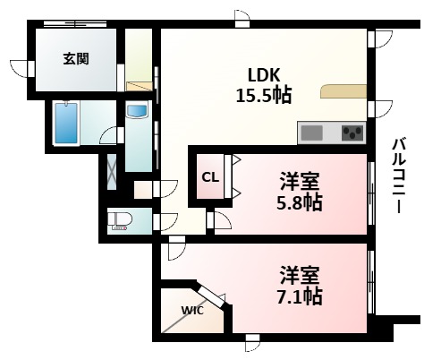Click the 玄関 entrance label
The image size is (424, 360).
[74, 59]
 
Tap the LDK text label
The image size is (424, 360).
[263, 74]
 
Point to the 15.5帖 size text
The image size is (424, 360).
[263, 94]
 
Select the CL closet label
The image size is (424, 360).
[209, 177]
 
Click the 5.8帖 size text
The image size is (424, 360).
[301, 202]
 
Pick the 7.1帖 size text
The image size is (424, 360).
[301, 294]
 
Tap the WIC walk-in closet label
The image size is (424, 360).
[192, 311]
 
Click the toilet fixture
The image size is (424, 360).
[119, 220]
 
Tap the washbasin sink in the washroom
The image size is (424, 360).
[137, 112]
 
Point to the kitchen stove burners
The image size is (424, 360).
[352, 133]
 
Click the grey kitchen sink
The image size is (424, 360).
[312, 133]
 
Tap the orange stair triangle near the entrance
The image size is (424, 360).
[140, 86]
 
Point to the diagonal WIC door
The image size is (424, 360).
[211, 295]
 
